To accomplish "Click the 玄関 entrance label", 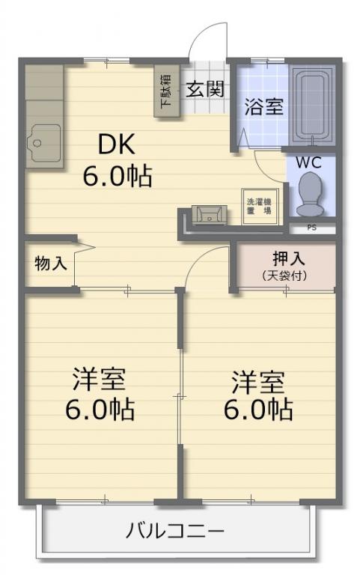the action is (x=204, y=89).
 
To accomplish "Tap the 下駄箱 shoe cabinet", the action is (x=166, y=91).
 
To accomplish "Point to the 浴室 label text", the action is (x=263, y=106).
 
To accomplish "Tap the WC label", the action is (x=308, y=162).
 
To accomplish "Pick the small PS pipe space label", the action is (x=311, y=228).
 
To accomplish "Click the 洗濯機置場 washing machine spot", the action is (x=260, y=207).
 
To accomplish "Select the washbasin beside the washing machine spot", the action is (x=210, y=215).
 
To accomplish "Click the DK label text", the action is (x=117, y=144).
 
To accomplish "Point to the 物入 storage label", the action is (x=51, y=264).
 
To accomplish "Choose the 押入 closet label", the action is (x=288, y=259).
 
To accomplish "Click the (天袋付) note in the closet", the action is (x=285, y=276).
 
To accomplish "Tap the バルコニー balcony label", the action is (x=175, y=531).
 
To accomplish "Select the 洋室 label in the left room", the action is (x=100, y=380).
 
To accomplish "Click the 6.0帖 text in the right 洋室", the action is (x=258, y=410).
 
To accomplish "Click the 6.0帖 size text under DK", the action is (x=117, y=177).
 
